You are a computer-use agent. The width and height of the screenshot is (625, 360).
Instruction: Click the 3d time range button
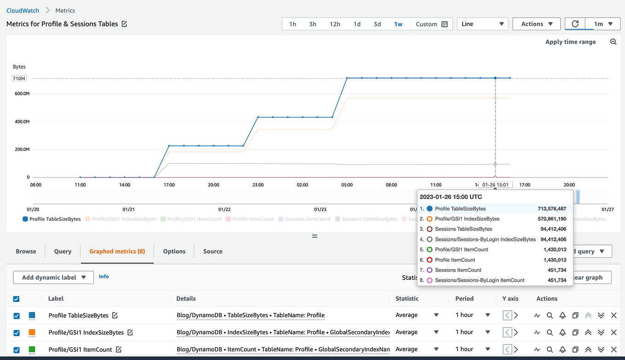tap(377, 24)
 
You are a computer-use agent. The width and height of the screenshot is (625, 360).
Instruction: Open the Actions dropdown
tap(536, 24)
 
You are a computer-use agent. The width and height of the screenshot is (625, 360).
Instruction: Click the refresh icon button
tap(575, 24)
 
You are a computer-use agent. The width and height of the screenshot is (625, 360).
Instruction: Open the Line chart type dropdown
tap(482, 24)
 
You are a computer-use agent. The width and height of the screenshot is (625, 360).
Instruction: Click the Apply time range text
tap(570, 42)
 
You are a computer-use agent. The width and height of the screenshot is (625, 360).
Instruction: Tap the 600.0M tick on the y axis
tap(22, 93)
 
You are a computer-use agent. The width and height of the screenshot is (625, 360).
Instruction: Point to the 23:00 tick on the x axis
tap(258, 185)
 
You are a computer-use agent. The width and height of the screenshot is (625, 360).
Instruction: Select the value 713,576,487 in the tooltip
tap(552, 209)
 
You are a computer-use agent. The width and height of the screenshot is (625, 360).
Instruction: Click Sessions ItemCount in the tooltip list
tap(458, 270)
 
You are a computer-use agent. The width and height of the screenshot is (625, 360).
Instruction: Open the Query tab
tap(63, 251)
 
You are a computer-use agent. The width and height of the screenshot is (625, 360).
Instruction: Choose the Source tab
tap(213, 251)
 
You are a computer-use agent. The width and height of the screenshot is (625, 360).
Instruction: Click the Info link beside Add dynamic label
tap(104, 277)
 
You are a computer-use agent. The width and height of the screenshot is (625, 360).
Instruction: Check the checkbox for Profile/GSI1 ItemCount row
tap(17, 349)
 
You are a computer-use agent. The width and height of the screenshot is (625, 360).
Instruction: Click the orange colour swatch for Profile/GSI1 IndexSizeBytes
tap(32, 332)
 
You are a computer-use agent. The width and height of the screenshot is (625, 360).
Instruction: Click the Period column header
tap(464, 298)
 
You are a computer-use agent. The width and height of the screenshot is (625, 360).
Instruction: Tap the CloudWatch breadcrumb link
tap(23, 10)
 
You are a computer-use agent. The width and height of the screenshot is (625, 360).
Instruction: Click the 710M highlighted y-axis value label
tap(19, 79)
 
